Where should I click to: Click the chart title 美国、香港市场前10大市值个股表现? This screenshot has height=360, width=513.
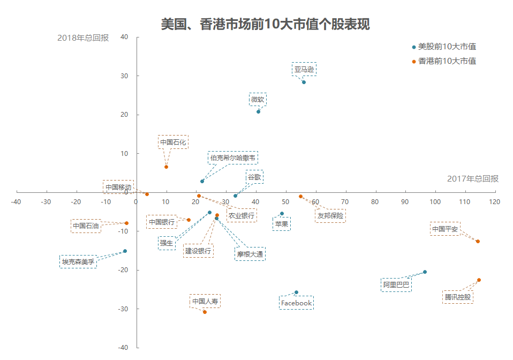pos(265,25)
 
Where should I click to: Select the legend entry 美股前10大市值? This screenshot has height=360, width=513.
pos(447,47)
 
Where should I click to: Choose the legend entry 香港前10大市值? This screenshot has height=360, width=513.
pos(447,61)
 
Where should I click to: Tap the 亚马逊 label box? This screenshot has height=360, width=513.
pos(304,69)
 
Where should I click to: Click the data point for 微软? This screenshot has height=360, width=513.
pos(258,111)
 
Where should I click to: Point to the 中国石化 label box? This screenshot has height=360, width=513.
pos(173,142)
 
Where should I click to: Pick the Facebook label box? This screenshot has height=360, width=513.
pos(296,303)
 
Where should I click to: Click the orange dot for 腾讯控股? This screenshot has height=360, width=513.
pos(479,280)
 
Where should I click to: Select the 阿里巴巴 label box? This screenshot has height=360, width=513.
pos(396,284)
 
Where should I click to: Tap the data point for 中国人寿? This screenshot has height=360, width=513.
pos(205,312)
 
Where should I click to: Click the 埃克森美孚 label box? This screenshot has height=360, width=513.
pos(78,262)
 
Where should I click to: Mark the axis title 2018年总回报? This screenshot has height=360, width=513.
pos(83,38)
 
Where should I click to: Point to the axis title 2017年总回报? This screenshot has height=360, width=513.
pos(472,179)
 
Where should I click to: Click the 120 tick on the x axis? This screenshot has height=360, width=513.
pos(494,202)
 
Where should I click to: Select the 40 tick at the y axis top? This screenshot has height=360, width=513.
pos(124,37)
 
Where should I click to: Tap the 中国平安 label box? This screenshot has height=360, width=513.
pos(445,229)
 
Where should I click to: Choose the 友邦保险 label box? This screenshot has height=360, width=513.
pos(330,216)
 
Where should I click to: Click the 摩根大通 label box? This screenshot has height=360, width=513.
pos(250,254)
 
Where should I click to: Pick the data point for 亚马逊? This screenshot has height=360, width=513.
pos(304,82)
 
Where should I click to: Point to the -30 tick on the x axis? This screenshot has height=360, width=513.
pos(46,202)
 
